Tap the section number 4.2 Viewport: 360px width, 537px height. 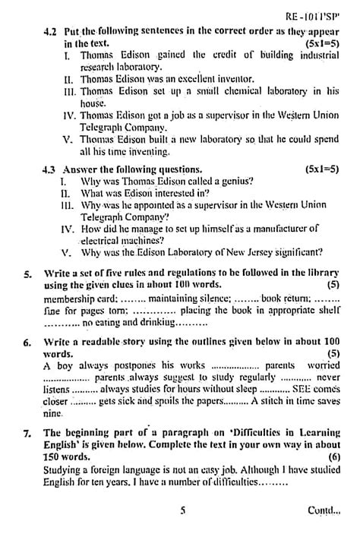51,33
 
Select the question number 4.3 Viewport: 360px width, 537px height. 51,168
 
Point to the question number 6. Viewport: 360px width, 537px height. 27,343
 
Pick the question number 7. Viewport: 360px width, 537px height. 27,433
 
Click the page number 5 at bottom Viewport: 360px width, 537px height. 183,511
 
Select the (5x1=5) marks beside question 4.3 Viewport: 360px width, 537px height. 322,168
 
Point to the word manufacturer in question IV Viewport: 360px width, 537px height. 267,226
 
